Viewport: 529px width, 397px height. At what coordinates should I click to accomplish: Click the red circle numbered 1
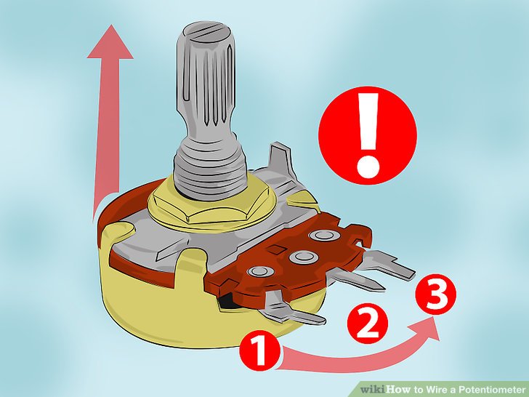[x=260, y=350]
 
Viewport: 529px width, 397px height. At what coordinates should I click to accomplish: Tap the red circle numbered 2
[x=368, y=323]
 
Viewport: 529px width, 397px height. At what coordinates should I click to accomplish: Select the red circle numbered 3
[x=435, y=294]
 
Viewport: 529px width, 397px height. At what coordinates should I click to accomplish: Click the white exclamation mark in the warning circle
[x=368, y=135]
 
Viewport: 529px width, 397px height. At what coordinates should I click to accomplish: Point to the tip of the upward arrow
[x=111, y=25]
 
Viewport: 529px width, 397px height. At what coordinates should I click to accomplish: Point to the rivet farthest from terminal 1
[x=323, y=235]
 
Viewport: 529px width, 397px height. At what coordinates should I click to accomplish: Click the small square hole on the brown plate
[x=277, y=249]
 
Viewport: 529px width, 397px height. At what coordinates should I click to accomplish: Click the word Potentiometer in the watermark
[x=490, y=389]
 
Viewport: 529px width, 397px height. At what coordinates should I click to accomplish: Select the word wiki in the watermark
[x=373, y=389]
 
